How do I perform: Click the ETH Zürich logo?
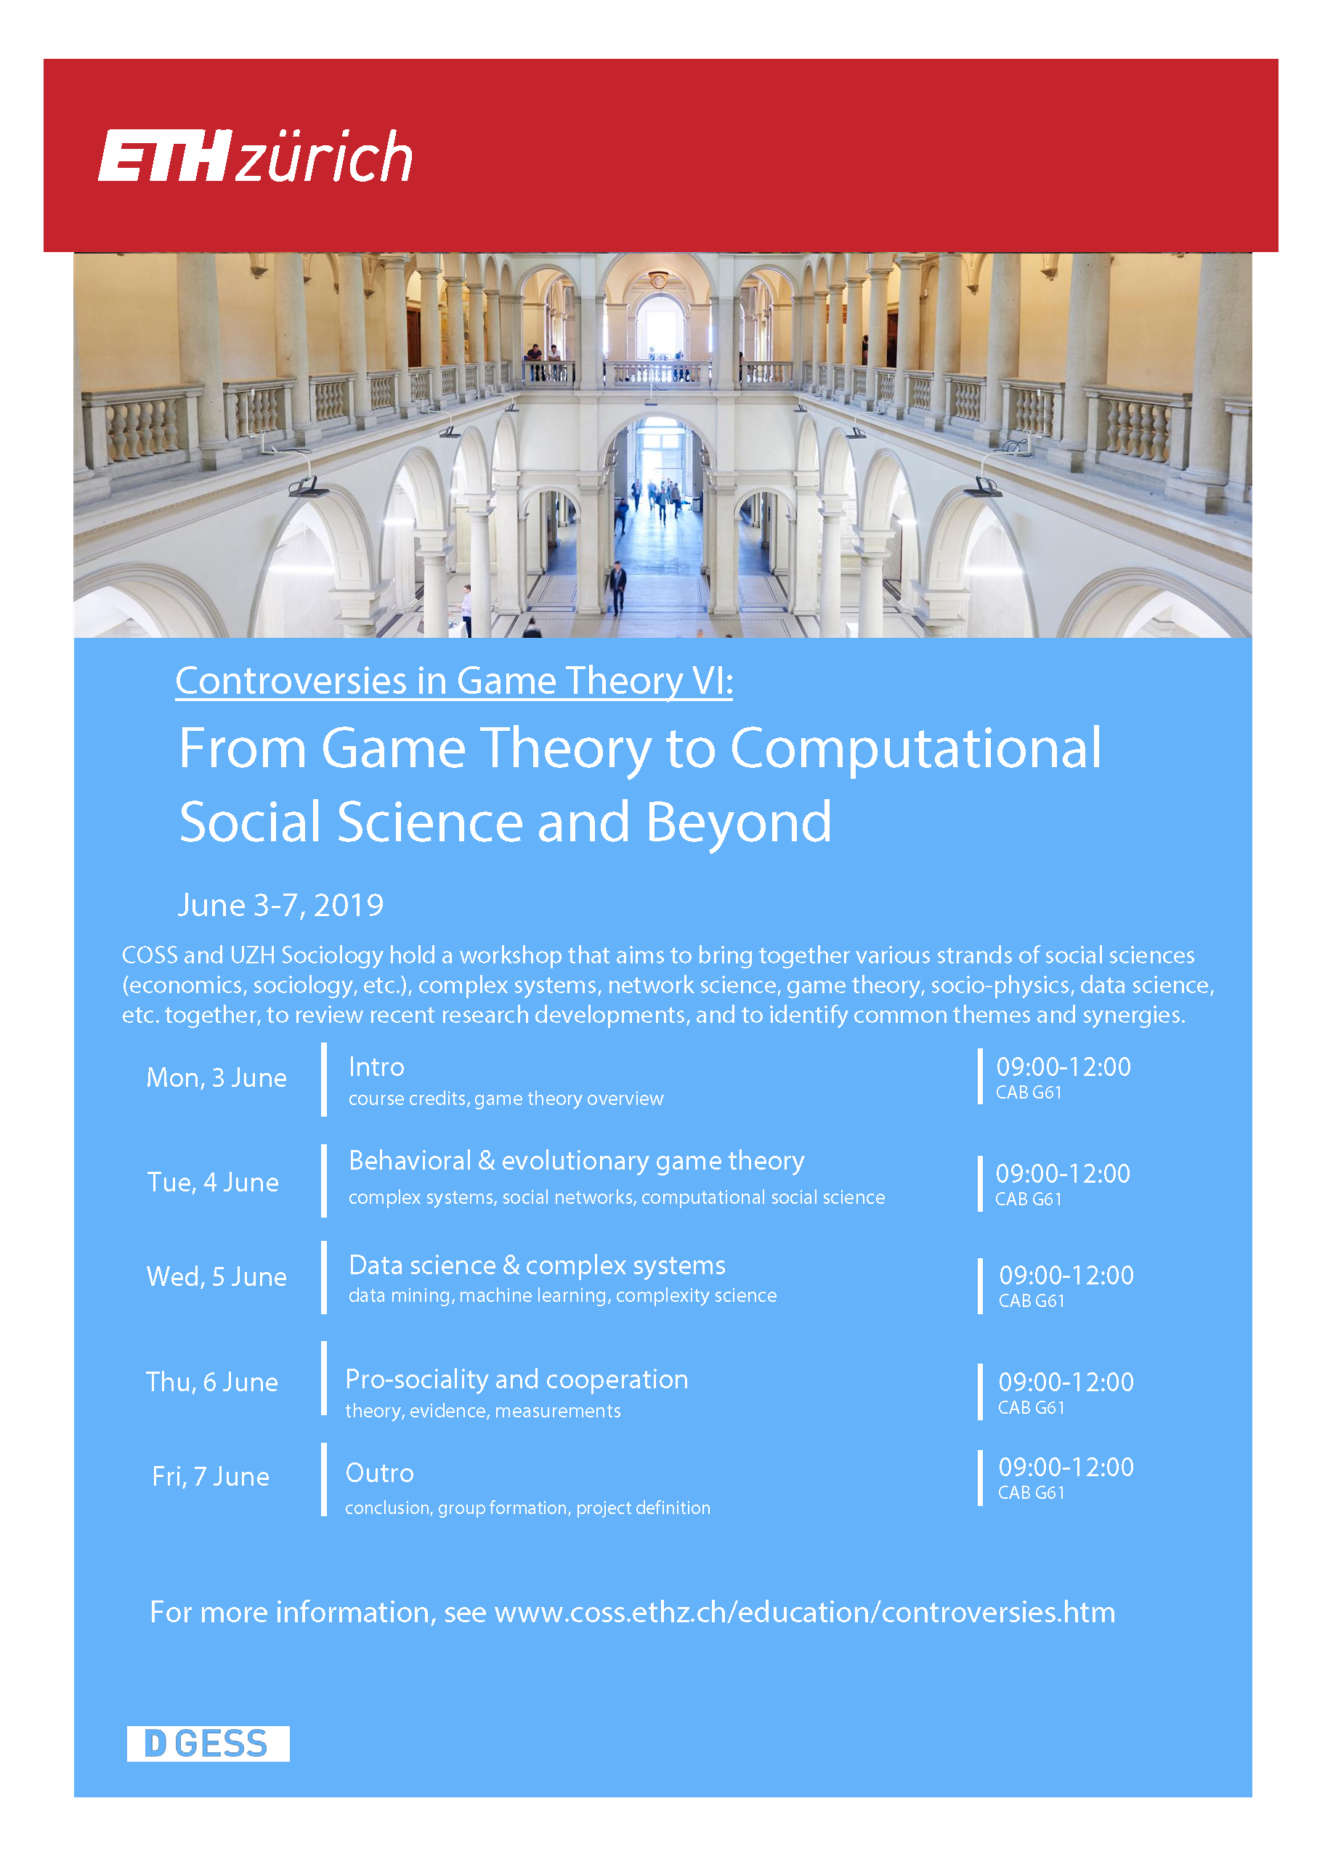tap(256, 155)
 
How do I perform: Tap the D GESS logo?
tap(208, 1743)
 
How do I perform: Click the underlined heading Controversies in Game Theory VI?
tap(454, 681)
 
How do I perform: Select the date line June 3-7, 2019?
tap(280, 905)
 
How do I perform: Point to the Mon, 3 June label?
tap(216, 1078)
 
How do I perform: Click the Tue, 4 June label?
tap(212, 1183)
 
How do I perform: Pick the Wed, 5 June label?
tap(216, 1276)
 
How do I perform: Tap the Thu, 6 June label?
tap(211, 1382)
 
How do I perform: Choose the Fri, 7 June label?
tap(211, 1476)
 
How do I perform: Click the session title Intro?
tap(376, 1067)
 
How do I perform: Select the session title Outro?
tap(379, 1473)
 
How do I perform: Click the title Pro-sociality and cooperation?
tap(516, 1380)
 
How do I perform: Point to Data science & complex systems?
tap(537, 1265)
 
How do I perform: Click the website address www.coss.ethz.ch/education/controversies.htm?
tap(804, 1612)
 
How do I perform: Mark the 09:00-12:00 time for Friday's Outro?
tap(1066, 1467)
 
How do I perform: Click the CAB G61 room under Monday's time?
tap(1029, 1093)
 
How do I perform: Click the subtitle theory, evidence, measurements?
tap(482, 1411)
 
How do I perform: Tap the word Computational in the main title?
tap(915, 749)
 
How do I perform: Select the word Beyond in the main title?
tap(739, 822)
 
